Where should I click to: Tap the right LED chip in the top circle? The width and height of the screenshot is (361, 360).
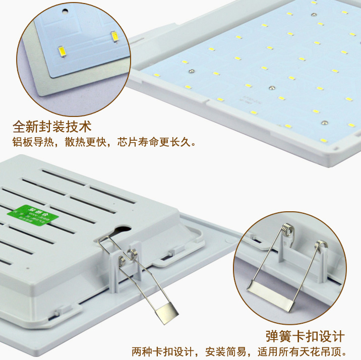[114, 36]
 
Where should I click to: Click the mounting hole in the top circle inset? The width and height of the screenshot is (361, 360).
[65, 10]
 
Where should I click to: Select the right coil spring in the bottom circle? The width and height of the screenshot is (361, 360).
[319, 247]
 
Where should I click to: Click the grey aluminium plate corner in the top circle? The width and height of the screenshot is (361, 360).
[45, 86]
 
